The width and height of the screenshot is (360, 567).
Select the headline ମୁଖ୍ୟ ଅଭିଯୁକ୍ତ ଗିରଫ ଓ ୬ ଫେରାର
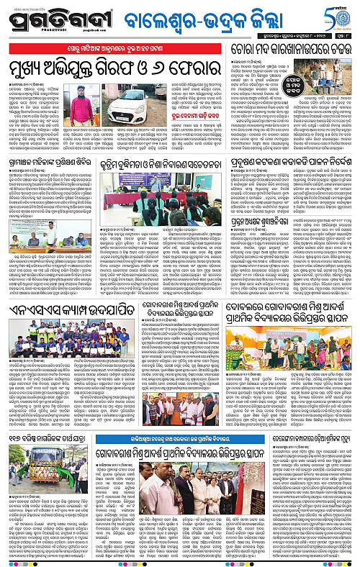pyautogui.click(x=114, y=68)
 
